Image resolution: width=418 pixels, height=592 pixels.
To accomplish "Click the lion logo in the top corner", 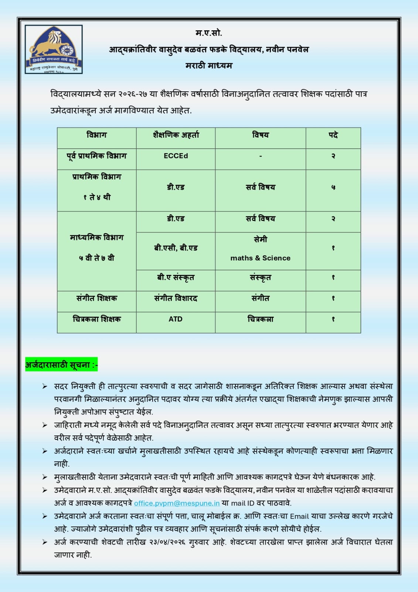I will click(54, 49).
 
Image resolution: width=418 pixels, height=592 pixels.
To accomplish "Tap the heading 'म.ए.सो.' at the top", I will click(209, 33).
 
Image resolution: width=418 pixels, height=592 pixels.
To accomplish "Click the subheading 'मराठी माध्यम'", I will click(209, 66).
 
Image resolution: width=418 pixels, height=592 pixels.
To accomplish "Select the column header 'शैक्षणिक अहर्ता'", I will click(176, 135).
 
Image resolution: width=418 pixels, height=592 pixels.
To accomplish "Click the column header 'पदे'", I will click(333, 135).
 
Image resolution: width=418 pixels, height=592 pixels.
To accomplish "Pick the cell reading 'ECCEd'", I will click(176, 156).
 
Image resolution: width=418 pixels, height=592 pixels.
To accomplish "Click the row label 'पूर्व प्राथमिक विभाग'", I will click(96, 156).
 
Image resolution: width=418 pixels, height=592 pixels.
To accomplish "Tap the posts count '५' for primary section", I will click(333, 188).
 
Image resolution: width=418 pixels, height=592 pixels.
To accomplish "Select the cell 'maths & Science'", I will click(260, 258).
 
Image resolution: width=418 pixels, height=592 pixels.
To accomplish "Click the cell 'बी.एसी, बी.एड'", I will click(176, 248).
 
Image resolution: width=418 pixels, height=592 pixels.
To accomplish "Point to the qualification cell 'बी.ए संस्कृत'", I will click(176, 277).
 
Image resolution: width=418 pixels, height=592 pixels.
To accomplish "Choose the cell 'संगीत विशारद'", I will click(176, 298).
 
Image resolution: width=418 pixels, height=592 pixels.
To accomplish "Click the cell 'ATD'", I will click(176, 319).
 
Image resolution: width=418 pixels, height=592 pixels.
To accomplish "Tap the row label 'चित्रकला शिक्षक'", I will click(96, 319).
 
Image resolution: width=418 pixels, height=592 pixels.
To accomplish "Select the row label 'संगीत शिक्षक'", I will click(96, 298).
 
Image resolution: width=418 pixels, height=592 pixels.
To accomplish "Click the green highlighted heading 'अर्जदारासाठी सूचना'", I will click(61, 365).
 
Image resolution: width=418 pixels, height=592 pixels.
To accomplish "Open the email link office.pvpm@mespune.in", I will click(177, 503).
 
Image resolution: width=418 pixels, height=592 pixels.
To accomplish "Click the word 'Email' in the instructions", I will click(299, 516).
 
